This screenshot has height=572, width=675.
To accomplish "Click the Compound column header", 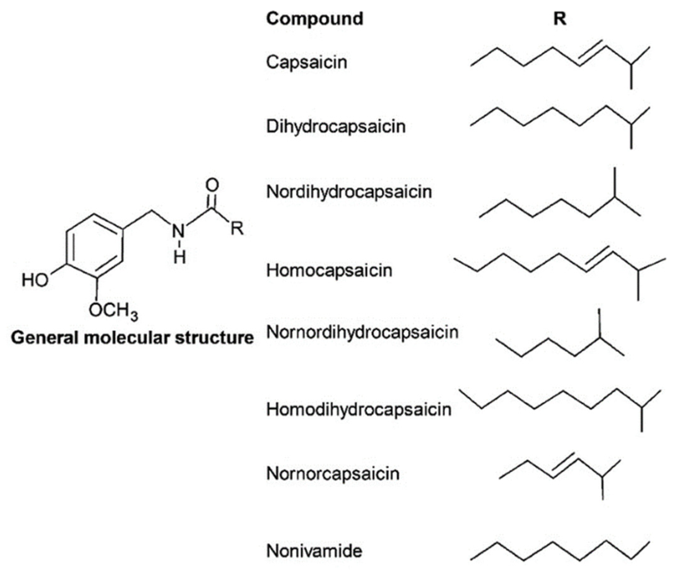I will [314, 19].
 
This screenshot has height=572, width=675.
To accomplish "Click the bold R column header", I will [560, 19].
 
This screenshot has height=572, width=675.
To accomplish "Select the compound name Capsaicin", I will [306, 62].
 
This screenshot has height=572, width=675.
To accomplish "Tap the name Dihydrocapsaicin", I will [336, 126].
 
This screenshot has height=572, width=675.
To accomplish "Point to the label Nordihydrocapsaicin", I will [349, 192].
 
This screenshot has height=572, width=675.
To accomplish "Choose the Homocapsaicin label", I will [329, 270].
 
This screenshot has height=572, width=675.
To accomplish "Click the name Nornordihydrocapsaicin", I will [362, 332].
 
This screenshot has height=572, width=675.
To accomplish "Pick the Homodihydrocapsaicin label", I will [359, 409].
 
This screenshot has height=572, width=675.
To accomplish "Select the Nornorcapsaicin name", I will [333, 474].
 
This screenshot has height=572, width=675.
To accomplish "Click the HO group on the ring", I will [35, 280].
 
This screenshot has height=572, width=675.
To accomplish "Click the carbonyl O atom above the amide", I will [212, 186].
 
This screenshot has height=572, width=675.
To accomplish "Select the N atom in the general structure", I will [178, 231].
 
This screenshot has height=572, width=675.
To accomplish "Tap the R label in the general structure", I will [237, 229].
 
